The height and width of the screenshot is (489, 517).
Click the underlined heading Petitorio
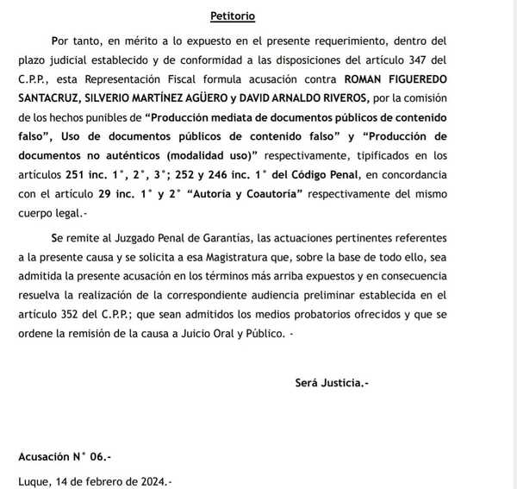pyautogui.click(x=232, y=16)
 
